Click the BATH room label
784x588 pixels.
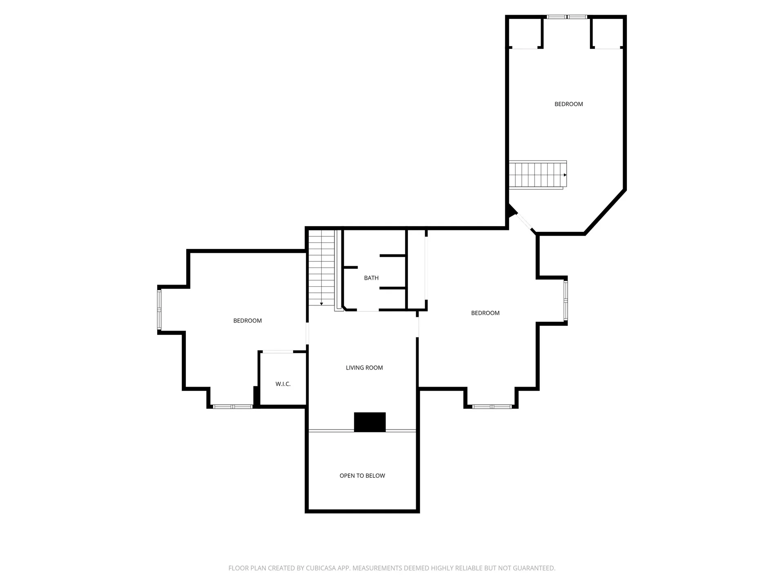point(371,278)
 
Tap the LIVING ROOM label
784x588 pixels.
point(364,367)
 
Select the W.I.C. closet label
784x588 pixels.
point(283,384)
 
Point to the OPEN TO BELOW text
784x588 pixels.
point(362,475)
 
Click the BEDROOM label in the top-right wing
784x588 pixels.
point(568,104)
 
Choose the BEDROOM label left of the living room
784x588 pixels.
point(247,321)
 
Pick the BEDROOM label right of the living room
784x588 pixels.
point(485,313)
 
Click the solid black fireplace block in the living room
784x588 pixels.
point(370,422)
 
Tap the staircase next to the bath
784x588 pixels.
point(322,268)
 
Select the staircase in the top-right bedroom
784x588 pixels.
point(538,175)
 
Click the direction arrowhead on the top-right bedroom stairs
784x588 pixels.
point(565,175)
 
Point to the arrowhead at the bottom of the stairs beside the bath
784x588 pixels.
point(321,304)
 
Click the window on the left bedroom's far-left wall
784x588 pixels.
point(159,310)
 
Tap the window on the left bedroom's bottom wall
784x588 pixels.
point(233,407)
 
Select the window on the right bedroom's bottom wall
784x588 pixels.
point(492,407)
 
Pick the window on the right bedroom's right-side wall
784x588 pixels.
point(566,301)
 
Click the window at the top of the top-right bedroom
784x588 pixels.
point(567,17)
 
